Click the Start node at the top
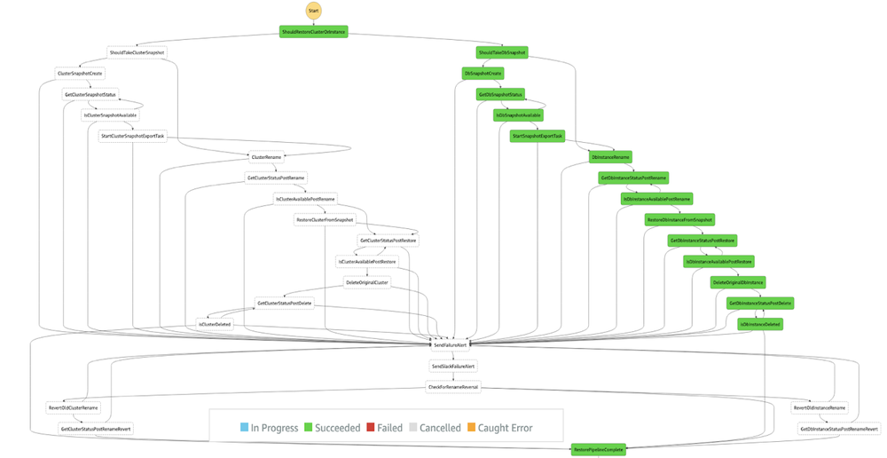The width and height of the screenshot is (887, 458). coord(314,10)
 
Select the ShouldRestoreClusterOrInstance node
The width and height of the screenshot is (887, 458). coord(314,32)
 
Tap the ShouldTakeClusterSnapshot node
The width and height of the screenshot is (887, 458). coord(136,52)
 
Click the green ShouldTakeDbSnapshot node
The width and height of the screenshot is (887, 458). coord(502,52)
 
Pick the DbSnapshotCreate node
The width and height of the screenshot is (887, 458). coord(483,73)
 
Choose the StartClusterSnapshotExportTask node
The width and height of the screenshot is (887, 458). coord(132,136)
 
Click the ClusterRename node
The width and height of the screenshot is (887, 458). coord(266,156)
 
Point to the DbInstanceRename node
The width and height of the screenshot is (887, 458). coord(610,157)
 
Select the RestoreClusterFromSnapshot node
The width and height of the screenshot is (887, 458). coord(325,219)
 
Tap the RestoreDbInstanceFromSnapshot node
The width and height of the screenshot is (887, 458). coord(679,219)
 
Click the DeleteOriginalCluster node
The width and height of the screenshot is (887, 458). coord(367,282)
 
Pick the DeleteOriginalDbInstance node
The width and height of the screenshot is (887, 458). coord(738,282)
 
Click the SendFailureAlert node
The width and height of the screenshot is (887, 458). coord(450,343)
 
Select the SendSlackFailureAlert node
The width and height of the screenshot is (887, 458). coord(453,366)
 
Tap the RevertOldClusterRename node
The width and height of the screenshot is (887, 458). coord(74,407)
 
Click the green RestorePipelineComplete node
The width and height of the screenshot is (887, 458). coord(599,449)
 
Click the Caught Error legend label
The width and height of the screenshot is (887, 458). coord(505,428)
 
